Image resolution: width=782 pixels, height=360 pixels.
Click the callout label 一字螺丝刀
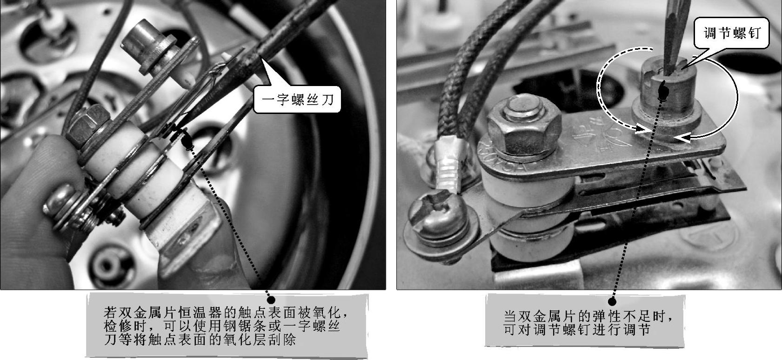[297, 100]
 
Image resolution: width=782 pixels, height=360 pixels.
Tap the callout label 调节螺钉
[731, 33]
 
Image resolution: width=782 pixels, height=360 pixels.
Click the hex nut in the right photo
[524, 127]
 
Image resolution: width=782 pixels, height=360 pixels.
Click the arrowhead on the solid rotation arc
[682, 139]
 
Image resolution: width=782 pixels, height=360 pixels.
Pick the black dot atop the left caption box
[271, 300]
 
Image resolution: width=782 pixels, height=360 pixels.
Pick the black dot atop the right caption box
[612, 301]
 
